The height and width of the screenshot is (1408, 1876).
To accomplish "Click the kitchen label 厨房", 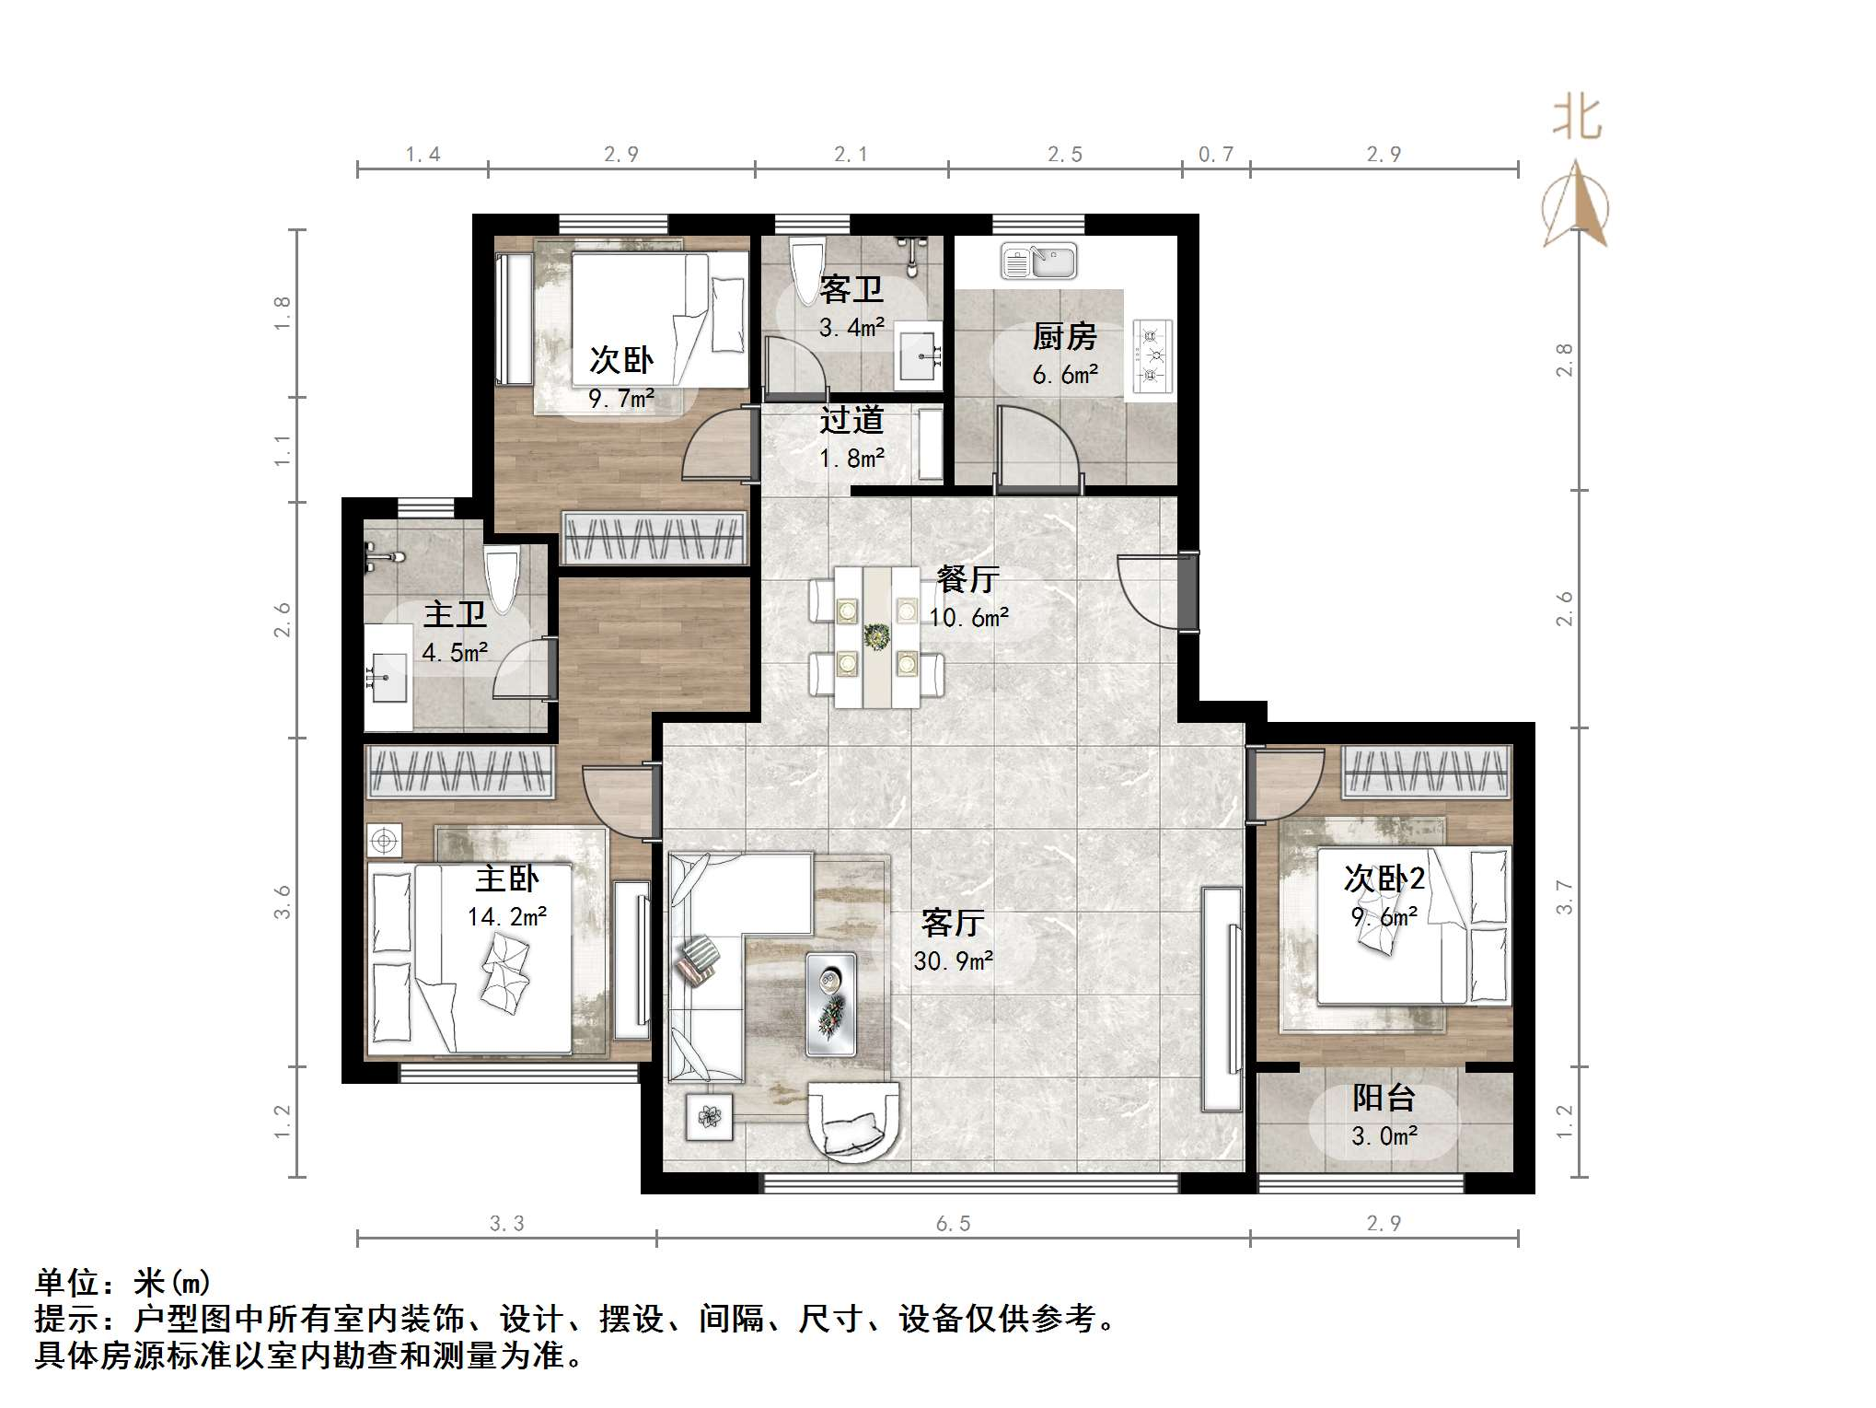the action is point(1065,337).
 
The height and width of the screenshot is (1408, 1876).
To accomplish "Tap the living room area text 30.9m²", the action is point(953,961).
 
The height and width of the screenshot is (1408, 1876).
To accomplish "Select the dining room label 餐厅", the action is point(968,579).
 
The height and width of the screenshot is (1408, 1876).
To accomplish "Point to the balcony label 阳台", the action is point(1384,1098).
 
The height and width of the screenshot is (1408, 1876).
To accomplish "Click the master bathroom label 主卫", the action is point(455,614).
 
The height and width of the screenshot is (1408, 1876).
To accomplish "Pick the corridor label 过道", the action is point(851,420).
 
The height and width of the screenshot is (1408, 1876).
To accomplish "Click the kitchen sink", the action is point(1038,261).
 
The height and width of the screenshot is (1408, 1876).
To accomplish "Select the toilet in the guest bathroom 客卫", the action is point(809,259).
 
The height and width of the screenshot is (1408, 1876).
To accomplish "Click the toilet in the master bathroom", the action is point(502,578).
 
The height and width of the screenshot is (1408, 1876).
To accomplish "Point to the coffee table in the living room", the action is point(831,1004).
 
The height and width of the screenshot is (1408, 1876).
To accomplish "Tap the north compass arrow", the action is point(1577,204).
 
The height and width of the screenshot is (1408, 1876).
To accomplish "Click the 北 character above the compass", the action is point(1577,118).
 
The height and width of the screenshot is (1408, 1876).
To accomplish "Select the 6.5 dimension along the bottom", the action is point(953,1223).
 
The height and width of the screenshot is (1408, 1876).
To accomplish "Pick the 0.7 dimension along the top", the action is point(1215,154).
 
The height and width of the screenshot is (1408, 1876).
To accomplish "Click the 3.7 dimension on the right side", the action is point(1564,897).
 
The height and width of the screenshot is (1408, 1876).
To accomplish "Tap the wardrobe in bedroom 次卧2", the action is point(1427,772).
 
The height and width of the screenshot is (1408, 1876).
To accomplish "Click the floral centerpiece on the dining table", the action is point(876,634).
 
